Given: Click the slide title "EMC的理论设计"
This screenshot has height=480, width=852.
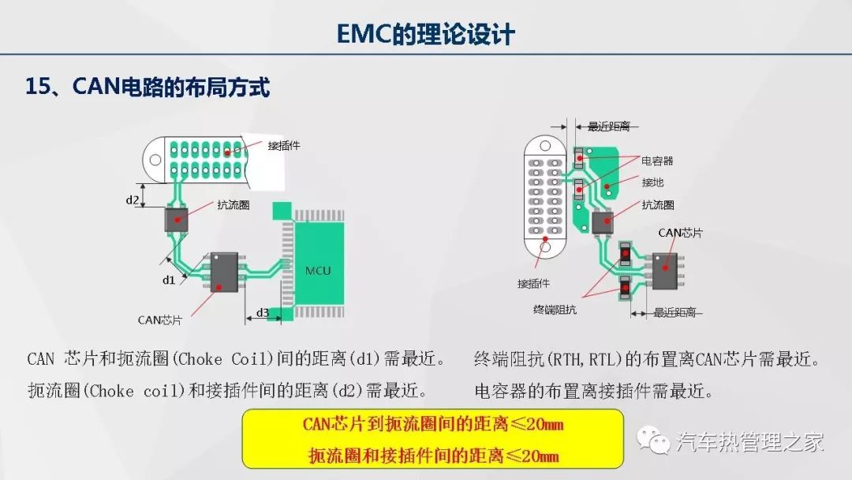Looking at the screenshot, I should click(x=425, y=35).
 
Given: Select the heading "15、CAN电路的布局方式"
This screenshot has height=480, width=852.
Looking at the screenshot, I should click(x=148, y=87).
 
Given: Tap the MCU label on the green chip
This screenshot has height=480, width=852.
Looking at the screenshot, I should click(x=318, y=271).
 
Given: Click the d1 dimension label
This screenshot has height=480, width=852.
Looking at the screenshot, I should click(x=169, y=279).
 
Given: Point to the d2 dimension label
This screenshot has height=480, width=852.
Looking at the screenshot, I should click(x=133, y=200).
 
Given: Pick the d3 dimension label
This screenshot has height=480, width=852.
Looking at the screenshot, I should click(x=263, y=313).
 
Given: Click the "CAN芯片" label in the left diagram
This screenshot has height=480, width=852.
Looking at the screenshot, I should click(x=159, y=320).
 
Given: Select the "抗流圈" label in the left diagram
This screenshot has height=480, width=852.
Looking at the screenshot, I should click(x=234, y=204).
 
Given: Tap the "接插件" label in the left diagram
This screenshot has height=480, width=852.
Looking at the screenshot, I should click(x=284, y=145).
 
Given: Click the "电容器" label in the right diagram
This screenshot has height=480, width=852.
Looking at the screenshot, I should click(x=657, y=161).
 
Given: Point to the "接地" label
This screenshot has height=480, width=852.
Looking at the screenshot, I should click(x=652, y=182).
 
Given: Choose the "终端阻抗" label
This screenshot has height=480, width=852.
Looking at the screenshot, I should click(x=555, y=309).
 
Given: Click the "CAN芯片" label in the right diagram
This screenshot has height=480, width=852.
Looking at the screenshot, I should click(x=680, y=233).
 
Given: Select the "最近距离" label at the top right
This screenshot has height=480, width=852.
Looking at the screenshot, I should click(x=608, y=126).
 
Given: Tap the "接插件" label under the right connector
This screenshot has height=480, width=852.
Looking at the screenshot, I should click(x=534, y=283).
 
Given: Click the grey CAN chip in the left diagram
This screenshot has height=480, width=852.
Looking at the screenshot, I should click(x=223, y=272).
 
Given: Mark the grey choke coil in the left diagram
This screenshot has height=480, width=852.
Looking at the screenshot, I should click(x=176, y=219).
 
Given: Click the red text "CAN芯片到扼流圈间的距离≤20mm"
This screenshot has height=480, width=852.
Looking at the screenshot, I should click(x=432, y=425).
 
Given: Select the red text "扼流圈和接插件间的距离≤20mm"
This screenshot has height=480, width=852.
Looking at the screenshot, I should click(x=432, y=456).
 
